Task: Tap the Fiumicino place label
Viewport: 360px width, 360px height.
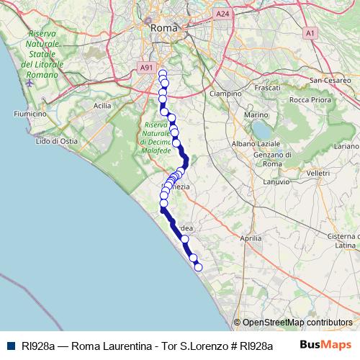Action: [x=30, y=114]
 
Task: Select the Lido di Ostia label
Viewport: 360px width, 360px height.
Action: [x=56, y=141]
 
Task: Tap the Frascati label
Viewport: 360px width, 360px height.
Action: [x=267, y=87]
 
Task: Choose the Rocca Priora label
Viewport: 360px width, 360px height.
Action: [x=310, y=100]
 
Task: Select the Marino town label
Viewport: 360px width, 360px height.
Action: [x=256, y=115]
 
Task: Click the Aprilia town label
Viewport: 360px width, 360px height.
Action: [x=250, y=237]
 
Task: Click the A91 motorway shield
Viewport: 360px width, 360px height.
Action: [x=146, y=68]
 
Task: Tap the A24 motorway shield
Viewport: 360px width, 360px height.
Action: [x=222, y=13]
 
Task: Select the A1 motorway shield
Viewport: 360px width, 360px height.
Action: [x=310, y=32]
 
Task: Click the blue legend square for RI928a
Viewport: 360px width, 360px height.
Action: [x=9, y=346]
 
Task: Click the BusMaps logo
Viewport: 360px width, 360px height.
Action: [x=325, y=345]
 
